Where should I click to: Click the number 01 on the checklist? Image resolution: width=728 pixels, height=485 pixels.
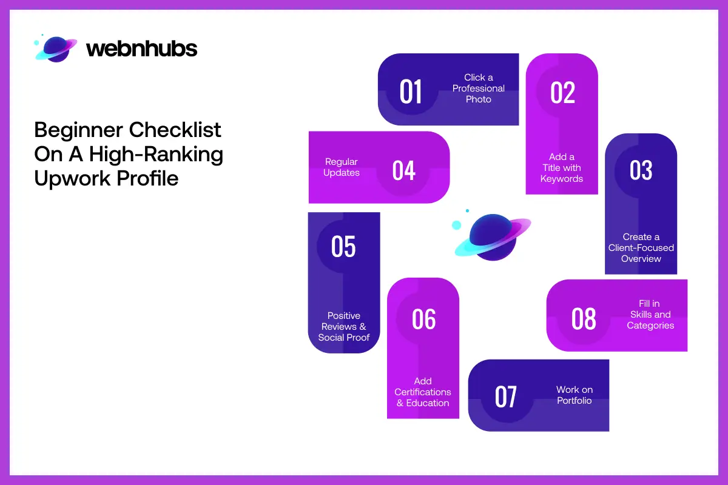click(411, 92)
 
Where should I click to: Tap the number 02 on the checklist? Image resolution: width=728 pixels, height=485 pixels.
click(562, 92)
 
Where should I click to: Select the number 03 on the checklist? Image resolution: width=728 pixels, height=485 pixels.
click(641, 170)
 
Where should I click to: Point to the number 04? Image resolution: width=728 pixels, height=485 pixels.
click(404, 170)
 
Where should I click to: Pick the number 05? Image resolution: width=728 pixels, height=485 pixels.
click(343, 247)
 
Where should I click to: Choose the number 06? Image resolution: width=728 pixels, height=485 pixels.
click(423, 319)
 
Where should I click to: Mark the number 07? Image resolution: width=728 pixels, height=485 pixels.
click(506, 397)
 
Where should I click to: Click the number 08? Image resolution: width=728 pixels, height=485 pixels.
click(584, 319)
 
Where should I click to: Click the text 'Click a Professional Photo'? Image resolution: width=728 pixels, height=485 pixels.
click(479, 89)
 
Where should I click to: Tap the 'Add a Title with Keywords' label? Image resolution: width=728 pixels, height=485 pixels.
click(562, 168)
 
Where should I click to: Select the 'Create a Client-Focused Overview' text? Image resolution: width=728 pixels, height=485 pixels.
click(641, 248)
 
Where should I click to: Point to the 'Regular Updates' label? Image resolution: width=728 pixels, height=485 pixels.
click(342, 167)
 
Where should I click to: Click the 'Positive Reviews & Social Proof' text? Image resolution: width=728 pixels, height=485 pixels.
click(344, 326)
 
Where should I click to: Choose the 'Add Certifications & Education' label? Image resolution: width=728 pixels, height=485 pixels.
click(423, 392)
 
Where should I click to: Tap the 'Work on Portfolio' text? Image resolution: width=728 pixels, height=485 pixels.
click(575, 395)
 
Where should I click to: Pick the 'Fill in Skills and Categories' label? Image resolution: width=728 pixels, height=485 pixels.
click(650, 315)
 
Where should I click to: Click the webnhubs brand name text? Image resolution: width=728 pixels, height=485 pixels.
click(142, 48)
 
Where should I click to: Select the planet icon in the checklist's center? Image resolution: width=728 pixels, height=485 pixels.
click(492, 236)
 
